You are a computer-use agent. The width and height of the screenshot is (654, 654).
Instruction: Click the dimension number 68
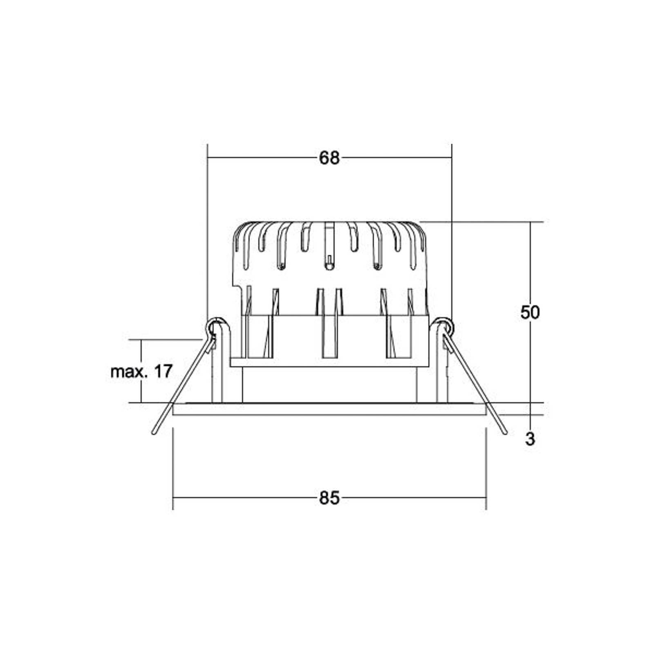(329, 158)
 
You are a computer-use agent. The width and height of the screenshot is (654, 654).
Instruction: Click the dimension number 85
(329, 498)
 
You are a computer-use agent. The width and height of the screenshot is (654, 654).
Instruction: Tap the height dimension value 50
(530, 313)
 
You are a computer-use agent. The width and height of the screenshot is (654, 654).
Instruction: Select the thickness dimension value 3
(530, 439)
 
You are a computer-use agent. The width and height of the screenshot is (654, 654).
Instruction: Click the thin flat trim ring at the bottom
(329, 409)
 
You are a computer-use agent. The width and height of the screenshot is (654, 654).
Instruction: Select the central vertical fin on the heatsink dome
(329, 245)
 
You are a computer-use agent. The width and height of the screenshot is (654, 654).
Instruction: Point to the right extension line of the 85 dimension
(486, 470)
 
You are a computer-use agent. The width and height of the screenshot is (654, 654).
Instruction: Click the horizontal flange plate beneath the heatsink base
(329, 362)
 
